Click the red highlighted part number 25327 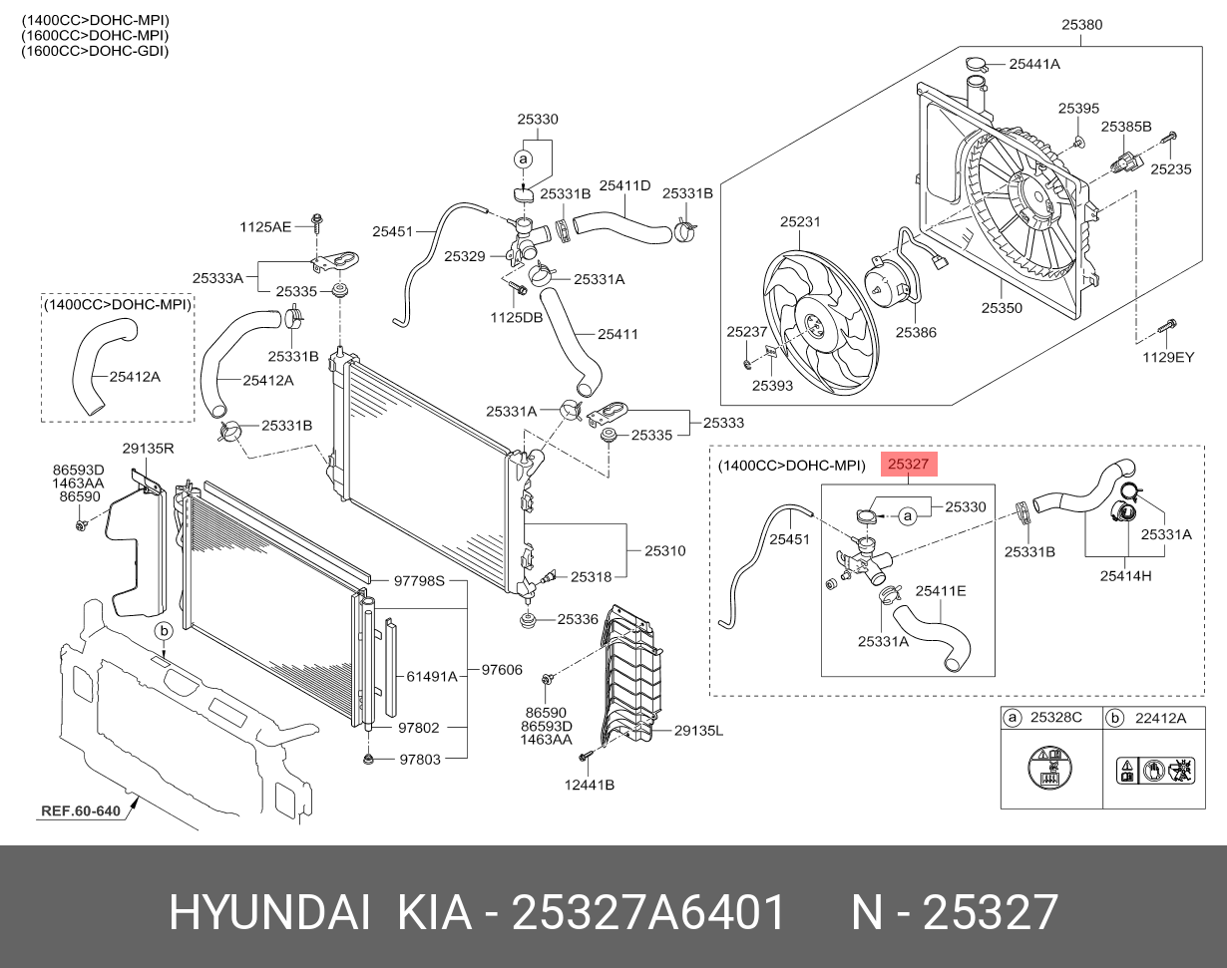click(908, 464)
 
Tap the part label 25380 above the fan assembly click(1081, 26)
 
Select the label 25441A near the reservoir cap click(1033, 64)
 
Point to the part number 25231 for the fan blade click(799, 222)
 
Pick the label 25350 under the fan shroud click(1002, 309)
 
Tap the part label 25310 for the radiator click(664, 549)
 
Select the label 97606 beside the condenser click(502, 670)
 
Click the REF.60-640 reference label click(80, 810)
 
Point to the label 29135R click(149, 449)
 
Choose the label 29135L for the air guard click(698, 731)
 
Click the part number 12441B click(589, 785)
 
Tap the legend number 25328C click(1055, 717)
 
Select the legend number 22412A click(1158, 717)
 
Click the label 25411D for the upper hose click(624, 185)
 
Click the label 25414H click(1125, 575)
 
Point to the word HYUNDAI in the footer click(269, 912)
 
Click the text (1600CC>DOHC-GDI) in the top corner click(95, 51)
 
